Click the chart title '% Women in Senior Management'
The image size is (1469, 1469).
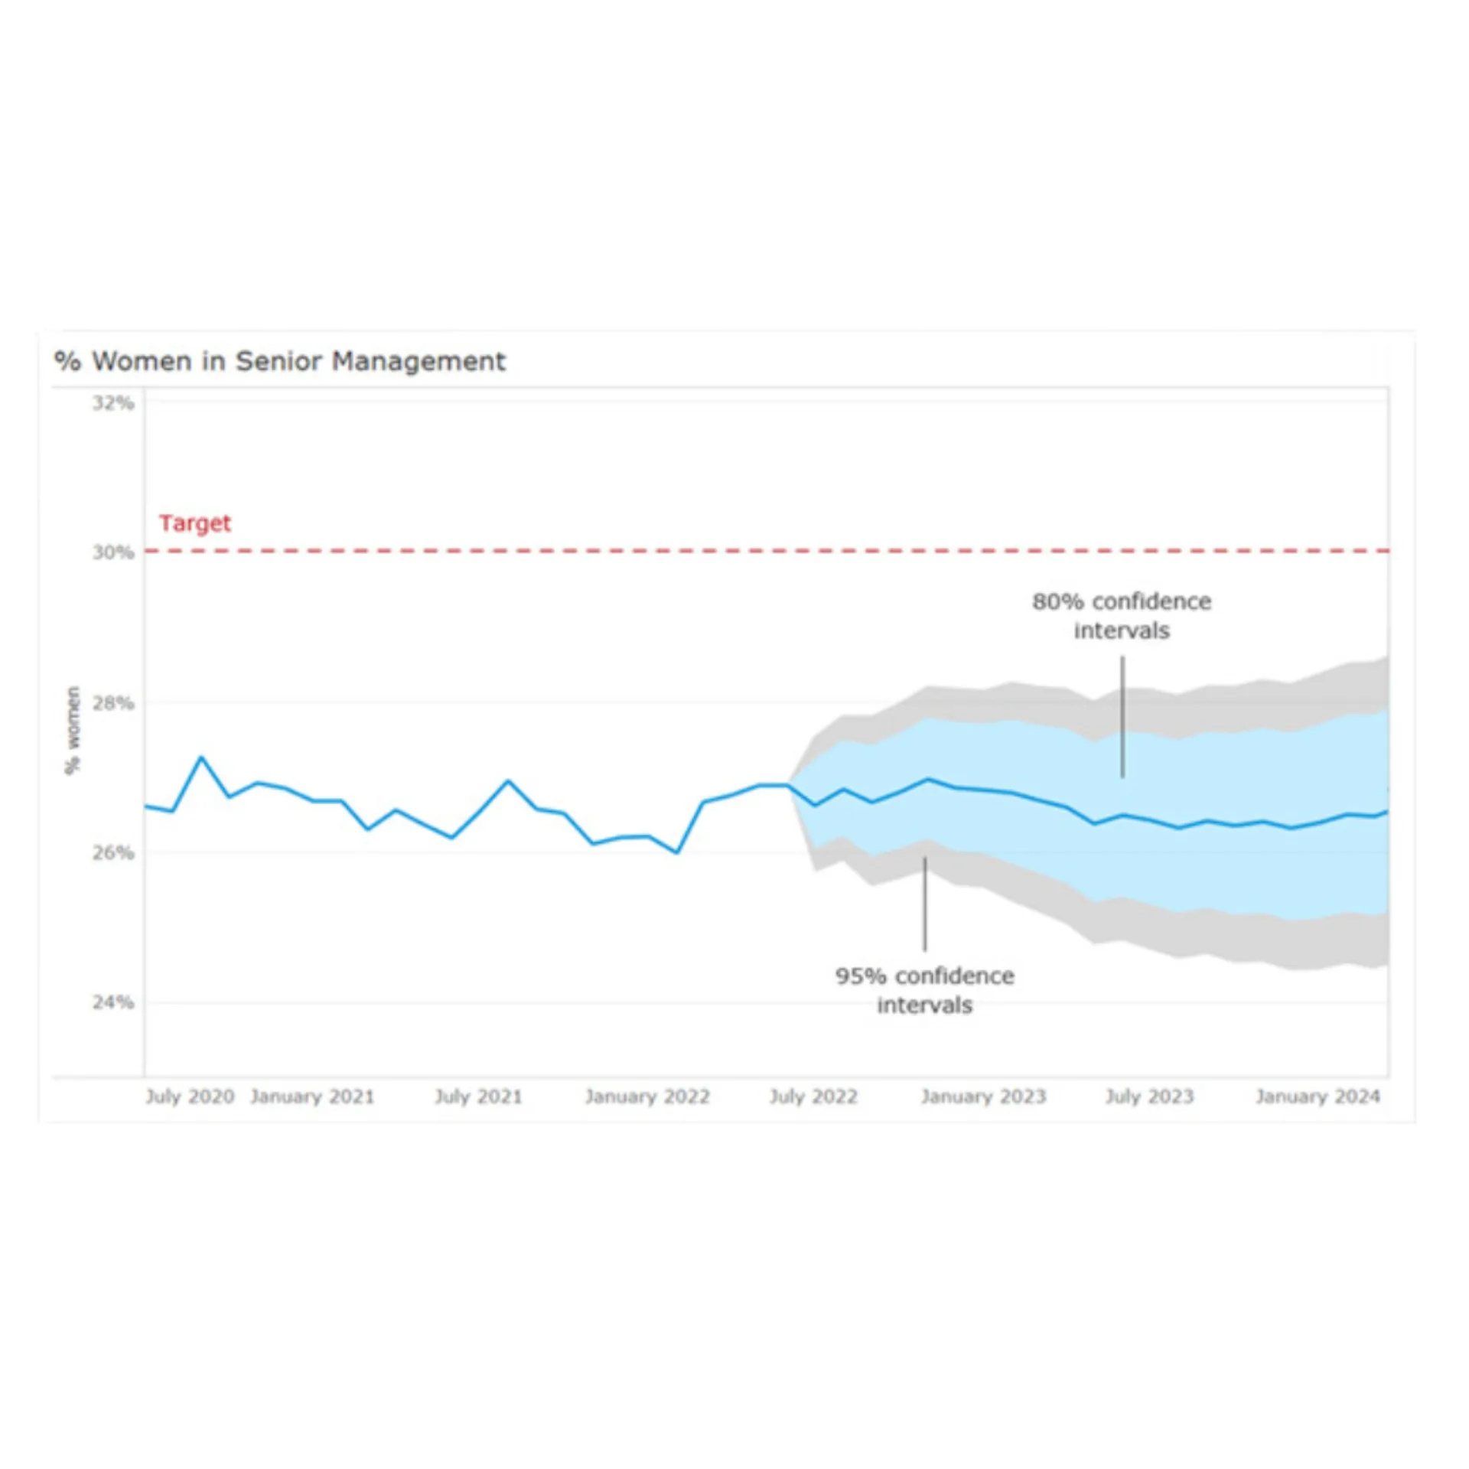pos(280,361)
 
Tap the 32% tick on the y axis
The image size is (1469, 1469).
pos(113,403)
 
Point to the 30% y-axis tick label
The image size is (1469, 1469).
pos(113,552)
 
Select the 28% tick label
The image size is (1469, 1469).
pos(113,703)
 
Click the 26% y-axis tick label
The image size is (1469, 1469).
pos(113,852)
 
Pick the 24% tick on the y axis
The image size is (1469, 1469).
pos(113,1002)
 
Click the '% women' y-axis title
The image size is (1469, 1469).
pos(73,730)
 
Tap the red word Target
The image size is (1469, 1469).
pos(194,523)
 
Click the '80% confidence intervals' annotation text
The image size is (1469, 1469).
pos(1122,616)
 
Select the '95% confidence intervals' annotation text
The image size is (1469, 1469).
pos(924,990)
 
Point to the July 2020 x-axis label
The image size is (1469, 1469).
pos(190,1096)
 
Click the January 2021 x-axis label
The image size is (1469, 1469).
pos(312,1096)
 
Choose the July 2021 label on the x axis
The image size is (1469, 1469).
pos(478,1096)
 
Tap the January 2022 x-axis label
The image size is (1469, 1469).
pos(647,1096)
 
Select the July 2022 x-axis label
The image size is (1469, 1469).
pos(813,1096)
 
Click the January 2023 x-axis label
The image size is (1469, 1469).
pos(983,1096)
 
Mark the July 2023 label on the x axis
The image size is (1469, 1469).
pos(1149,1096)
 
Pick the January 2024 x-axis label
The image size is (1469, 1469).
pos(1318,1096)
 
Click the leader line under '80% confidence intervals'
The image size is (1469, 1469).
pos(1122,716)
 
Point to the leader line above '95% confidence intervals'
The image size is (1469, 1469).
pos(924,904)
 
